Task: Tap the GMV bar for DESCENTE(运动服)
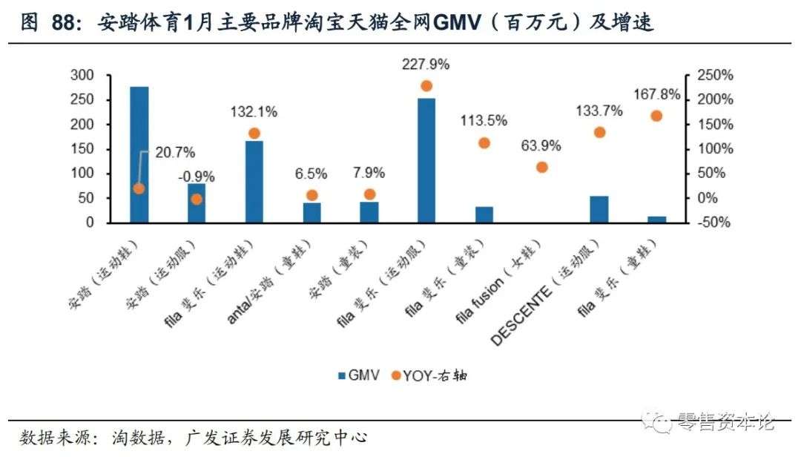tap(599, 209)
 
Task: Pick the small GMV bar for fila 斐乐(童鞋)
tap(656, 219)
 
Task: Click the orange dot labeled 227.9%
tap(426, 86)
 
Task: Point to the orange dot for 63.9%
tap(542, 167)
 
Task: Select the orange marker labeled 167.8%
tap(656, 116)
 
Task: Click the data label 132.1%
tap(254, 112)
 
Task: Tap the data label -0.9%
tap(197, 177)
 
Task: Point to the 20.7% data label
tap(175, 153)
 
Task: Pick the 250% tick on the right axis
tap(712, 75)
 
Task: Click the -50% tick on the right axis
tap(712, 223)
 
